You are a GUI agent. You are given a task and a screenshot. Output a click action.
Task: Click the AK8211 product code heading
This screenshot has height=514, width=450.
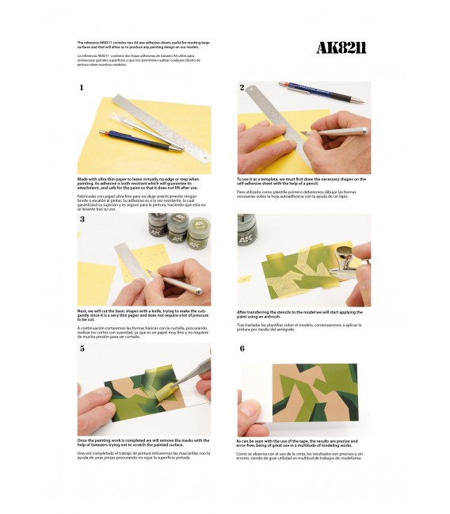[341, 48]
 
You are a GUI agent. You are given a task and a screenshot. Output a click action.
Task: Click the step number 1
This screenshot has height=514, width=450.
[81, 88]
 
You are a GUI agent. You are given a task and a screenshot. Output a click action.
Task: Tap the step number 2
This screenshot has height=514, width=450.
[242, 87]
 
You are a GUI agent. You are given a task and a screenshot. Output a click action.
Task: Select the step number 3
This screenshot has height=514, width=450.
[82, 219]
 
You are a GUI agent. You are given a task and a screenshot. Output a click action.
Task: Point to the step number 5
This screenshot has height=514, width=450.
[82, 348]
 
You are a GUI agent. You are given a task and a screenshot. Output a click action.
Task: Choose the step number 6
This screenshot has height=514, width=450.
[242, 348]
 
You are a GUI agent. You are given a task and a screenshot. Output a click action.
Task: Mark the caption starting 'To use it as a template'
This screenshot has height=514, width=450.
[301, 181]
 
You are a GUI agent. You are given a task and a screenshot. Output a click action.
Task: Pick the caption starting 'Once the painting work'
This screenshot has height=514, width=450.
[143, 442]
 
